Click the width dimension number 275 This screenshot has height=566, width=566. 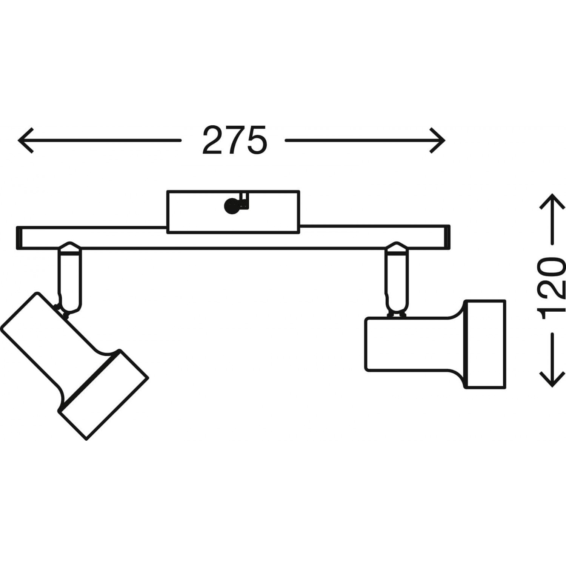click(234, 140)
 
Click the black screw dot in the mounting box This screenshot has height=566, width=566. click(230, 207)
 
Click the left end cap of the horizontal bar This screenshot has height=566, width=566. click(19, 238)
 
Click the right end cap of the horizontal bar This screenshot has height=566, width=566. click(447, 237)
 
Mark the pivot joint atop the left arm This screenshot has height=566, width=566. click(69, 247)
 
